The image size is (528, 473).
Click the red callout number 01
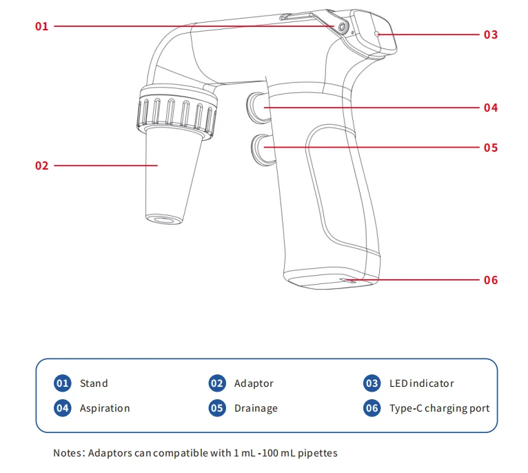point(42,26)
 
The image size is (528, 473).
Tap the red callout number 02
point(42,165)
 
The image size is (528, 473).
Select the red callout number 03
point(491,34)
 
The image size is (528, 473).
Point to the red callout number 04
point(491,108)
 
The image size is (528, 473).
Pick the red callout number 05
point(491,148)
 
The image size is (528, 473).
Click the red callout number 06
point(491,280)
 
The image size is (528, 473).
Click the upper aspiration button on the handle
point(258,108)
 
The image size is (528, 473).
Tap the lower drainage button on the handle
point(263,150)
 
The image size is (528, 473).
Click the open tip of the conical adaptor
point(164,219)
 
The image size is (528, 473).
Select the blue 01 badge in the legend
point(62,383)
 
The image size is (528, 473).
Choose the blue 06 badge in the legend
point(372,408)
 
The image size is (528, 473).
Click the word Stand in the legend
point(94,383)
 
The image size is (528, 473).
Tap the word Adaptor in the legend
point(254,384)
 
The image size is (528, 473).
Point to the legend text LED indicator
point(422,383)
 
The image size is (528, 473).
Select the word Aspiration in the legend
point(105,409)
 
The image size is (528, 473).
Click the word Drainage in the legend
point(256,409)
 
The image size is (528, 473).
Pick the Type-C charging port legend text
point(440,409)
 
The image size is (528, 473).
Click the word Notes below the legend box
point(68,453)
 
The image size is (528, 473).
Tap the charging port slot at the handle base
point(348,281)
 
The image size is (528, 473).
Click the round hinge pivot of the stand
point(342,28)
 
